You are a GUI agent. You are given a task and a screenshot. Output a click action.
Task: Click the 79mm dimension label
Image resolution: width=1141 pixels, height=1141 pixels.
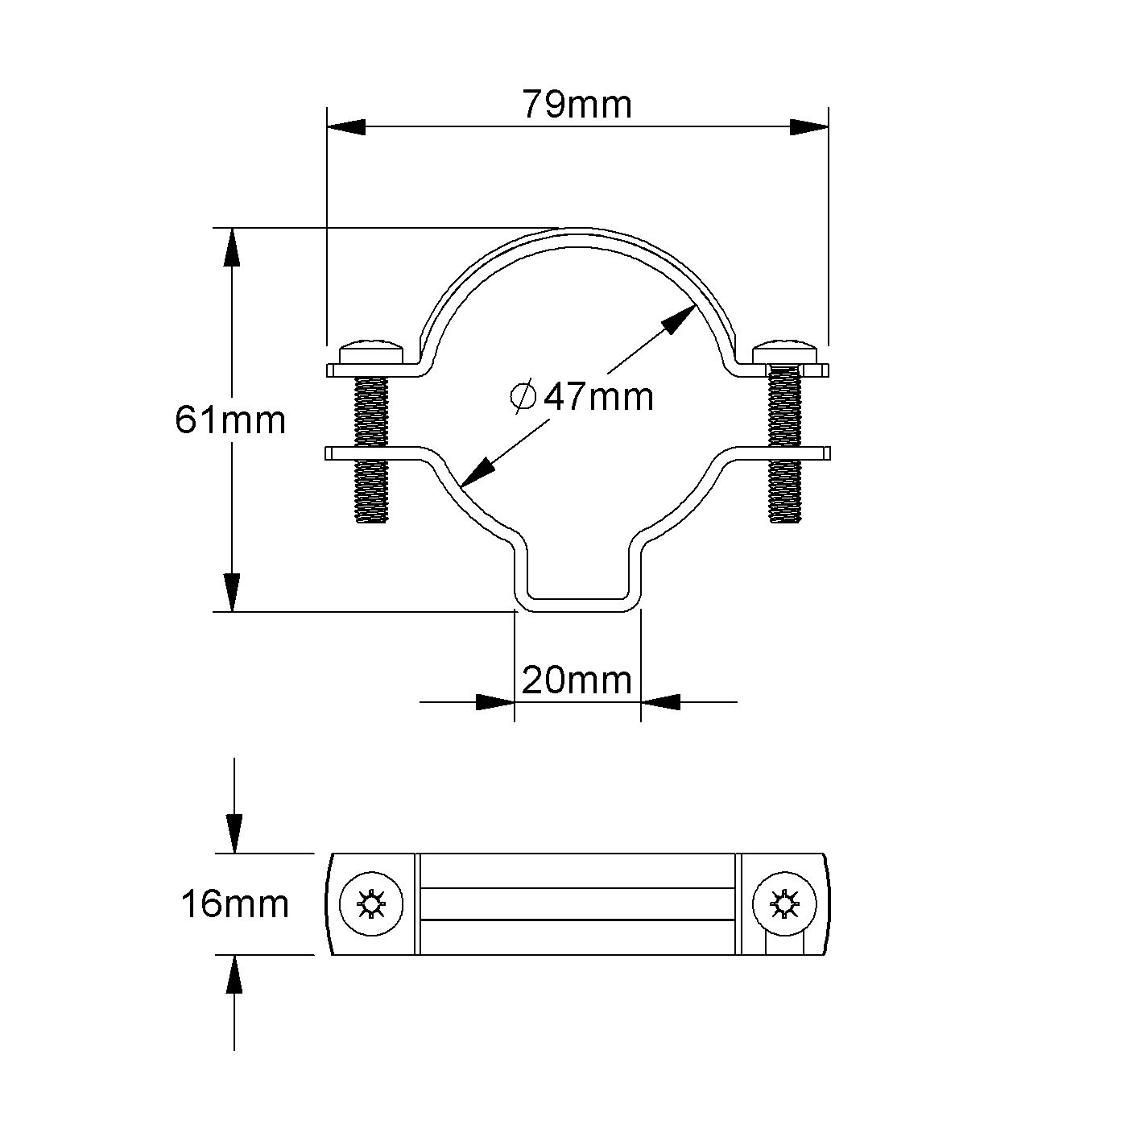coord(577,105)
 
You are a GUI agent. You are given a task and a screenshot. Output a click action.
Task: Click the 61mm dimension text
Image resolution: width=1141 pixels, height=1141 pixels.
coord(230,420)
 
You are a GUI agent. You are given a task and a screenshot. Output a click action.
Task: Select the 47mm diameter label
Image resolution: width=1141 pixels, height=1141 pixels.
coord(598,396)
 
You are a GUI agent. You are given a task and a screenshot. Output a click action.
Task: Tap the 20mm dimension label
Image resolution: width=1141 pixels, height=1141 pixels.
coord(577,681)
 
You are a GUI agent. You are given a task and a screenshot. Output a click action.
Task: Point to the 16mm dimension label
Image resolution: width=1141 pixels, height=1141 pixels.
coord(234,904)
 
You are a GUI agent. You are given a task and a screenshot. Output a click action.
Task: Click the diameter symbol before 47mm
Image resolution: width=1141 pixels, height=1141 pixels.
coord(523,396)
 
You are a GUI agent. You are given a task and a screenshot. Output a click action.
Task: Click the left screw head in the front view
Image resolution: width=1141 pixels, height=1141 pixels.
coord(372,353)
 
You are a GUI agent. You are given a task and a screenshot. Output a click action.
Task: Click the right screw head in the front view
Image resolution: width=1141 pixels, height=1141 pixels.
coord(786,353)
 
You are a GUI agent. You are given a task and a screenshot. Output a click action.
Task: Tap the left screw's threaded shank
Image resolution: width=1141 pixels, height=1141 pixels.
coord(372,451)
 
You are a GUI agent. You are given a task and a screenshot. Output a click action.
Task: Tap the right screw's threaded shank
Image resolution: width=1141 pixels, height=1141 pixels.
coord(785,451)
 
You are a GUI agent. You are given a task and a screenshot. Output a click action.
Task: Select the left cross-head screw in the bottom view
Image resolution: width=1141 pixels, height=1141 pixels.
coord(371,904)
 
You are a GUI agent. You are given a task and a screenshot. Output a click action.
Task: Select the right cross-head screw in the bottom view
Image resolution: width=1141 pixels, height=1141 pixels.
coord(783,904)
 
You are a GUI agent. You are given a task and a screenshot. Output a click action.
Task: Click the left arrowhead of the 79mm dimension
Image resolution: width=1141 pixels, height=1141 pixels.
coord(346,127)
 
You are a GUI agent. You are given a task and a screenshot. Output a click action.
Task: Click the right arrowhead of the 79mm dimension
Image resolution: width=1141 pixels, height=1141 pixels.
coord(808,127)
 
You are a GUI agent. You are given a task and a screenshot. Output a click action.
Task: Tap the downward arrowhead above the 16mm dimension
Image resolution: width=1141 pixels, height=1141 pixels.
coord(234,833)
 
